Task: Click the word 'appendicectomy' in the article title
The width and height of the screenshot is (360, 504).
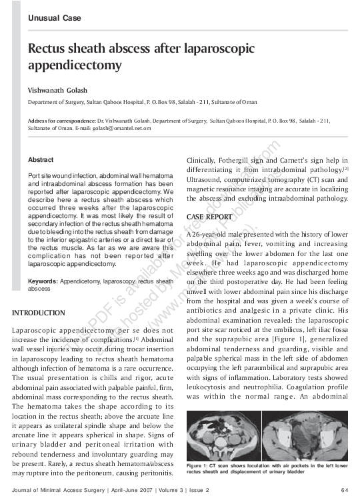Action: [x=74, y=66]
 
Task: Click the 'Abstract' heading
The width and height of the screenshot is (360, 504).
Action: [x=41, y=160]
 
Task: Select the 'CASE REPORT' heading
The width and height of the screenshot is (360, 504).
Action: [x=211, y=217]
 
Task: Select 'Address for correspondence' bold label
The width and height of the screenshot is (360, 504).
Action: [x=58, y=120]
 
